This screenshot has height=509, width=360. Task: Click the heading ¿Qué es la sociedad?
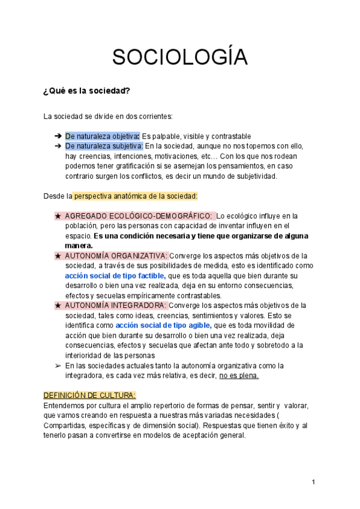(86, 91)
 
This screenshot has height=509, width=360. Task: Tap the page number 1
(313, 483)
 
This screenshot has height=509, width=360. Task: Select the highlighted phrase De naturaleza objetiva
(102, 136)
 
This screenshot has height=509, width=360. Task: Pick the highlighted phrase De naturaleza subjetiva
(104, 146)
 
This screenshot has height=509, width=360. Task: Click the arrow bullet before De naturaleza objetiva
(58, 136)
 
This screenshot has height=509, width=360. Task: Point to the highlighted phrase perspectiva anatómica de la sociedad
(135, 196)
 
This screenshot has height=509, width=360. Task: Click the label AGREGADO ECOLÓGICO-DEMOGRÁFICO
(138, 215)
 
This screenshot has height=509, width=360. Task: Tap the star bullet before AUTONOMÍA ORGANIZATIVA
(58, 256)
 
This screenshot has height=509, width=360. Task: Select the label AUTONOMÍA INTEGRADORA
(116, 306)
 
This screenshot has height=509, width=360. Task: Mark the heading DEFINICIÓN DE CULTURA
(90, 395)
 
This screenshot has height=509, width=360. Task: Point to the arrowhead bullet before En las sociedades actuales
(58, 366)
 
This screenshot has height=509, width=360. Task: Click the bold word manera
(79, 245)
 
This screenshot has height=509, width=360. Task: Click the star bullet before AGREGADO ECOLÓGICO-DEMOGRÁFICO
(58, 215)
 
